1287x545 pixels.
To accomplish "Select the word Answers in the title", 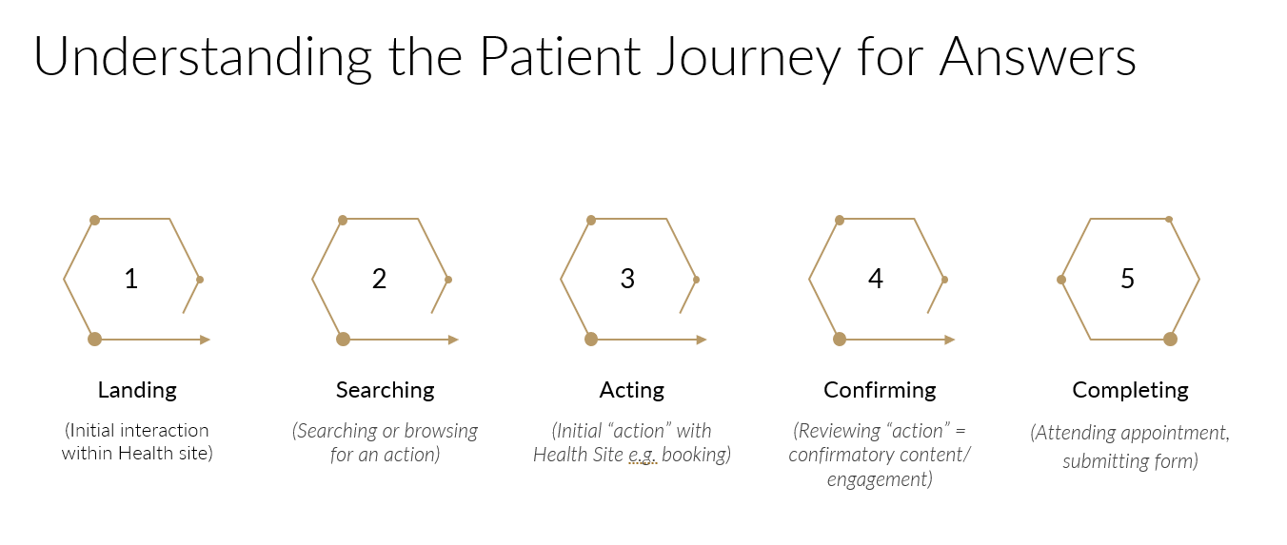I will coord(1038,57).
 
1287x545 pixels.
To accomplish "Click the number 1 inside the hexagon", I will coord(131,279).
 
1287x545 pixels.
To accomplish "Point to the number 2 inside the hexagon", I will coord(379,279).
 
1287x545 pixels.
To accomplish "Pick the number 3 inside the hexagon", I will coord(627,279).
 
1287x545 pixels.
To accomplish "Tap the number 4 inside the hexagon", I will coord(876,279).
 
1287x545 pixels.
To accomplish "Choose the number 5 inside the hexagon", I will coord(1128,279).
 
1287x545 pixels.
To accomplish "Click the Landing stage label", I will coord(137,390).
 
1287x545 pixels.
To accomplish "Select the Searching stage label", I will coord(385,390).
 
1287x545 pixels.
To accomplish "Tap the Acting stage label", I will coord(632,390).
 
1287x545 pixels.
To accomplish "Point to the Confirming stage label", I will coord(880,390).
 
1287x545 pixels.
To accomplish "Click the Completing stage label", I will coord(1130,390).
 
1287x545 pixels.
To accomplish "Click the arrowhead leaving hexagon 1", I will coord(205,340).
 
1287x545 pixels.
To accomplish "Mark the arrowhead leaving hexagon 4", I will coord(949,340).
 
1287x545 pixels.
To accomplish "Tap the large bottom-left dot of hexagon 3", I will coord(591,340).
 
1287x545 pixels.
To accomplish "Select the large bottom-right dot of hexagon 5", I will coord(1170,340).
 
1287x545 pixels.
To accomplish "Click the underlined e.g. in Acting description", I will coord(643,456).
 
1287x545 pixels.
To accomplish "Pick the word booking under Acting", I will coord(695,456).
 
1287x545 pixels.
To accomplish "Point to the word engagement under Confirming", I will coord(880,479).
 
